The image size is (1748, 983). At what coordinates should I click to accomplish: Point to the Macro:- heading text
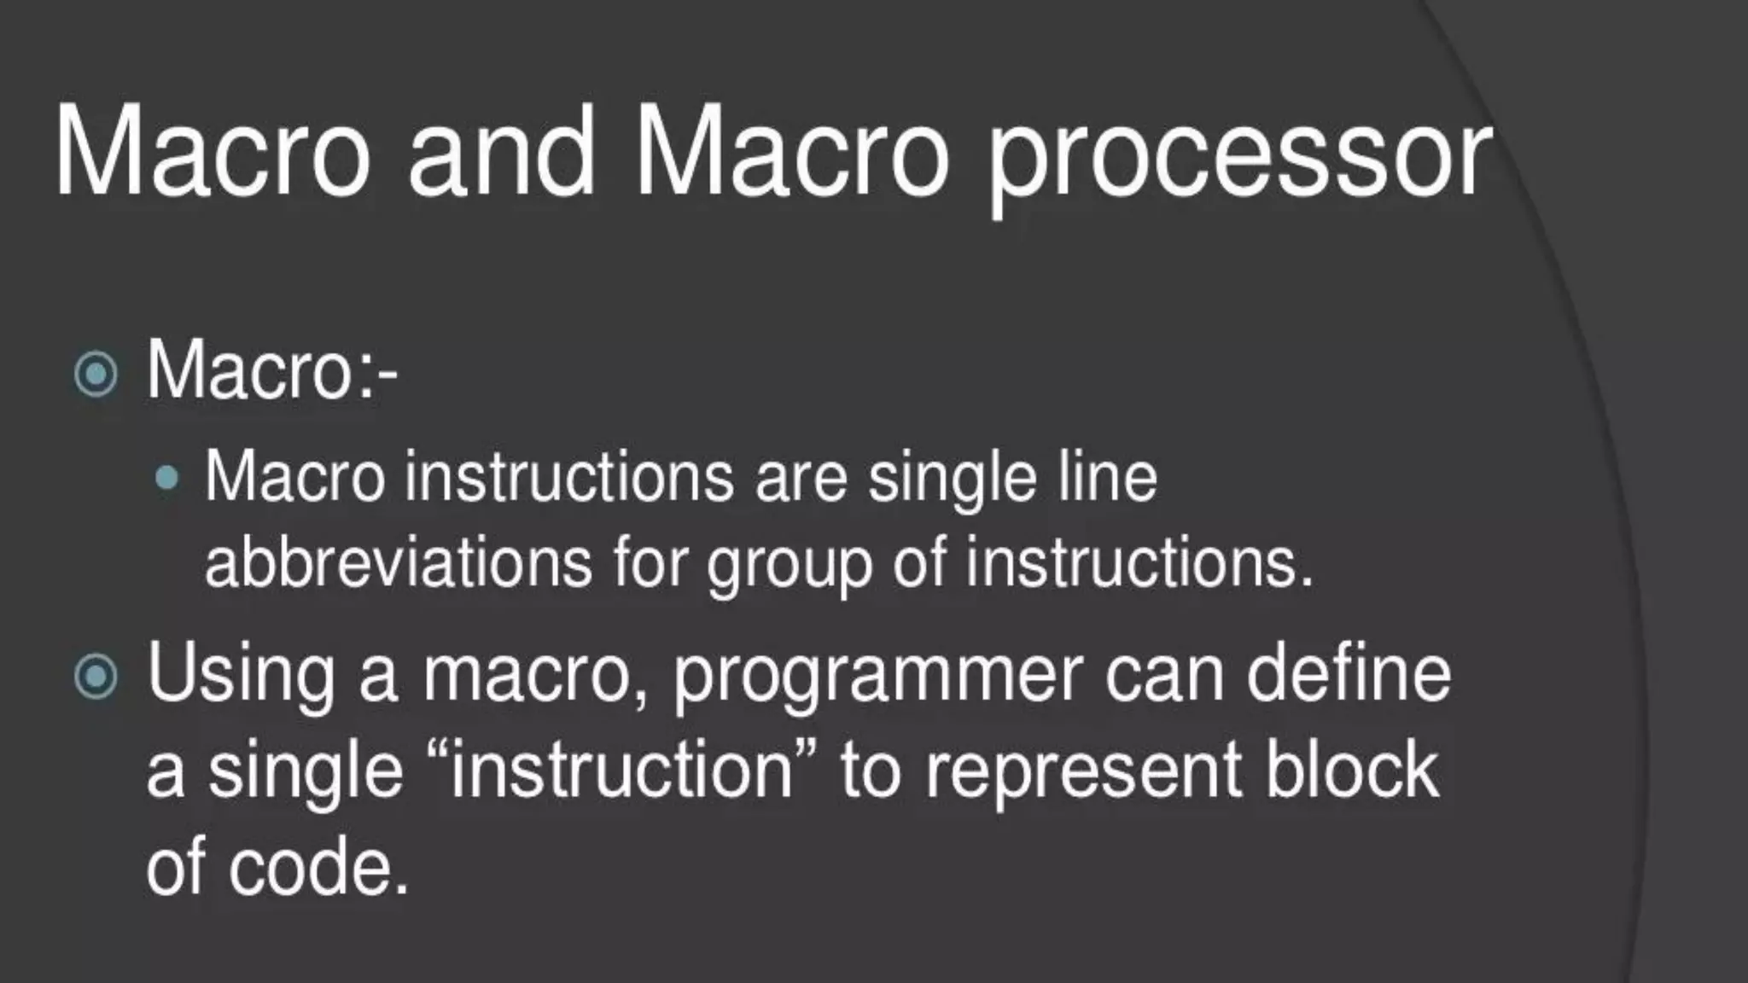(271, 371)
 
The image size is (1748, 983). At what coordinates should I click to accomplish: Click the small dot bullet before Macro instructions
(168, 479)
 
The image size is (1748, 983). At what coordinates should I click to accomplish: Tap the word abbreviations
(399, 563)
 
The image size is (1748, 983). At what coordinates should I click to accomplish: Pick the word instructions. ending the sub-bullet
(1139, 563)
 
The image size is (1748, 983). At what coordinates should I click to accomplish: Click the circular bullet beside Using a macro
(95, 677)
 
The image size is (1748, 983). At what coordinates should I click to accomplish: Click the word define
(1349, 674)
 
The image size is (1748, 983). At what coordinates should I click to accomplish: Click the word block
(1352, 770)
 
